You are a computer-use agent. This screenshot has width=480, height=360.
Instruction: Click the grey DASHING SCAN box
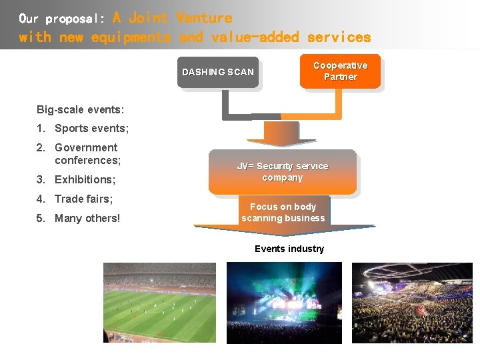point(217,72)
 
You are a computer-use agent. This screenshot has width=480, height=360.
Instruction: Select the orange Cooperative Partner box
point(340,71)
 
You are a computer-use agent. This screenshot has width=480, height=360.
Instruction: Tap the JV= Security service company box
point(282,172)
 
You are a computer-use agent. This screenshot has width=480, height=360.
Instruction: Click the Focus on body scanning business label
point(283,213)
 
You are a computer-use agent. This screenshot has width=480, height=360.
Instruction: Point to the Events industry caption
point(289,249)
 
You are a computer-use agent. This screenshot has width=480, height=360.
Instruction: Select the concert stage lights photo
point(284,303)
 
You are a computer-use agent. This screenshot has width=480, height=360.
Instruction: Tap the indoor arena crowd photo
point(412,303)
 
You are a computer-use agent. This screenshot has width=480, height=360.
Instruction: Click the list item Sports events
point(91,128)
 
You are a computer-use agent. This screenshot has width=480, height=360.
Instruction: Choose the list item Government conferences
point(87,154)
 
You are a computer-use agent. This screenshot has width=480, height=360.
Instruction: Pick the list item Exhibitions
point(85,179)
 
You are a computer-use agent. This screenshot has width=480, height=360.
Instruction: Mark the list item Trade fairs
point(83,199)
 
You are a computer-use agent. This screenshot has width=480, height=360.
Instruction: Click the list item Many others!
point(87,218)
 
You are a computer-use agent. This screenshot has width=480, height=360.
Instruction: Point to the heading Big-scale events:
point(80,109)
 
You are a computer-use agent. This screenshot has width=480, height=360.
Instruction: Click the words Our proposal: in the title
point(61,18)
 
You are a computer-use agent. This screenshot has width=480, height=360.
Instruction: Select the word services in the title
point(339,37)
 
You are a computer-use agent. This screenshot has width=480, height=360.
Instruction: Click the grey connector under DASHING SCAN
point(227,107)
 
